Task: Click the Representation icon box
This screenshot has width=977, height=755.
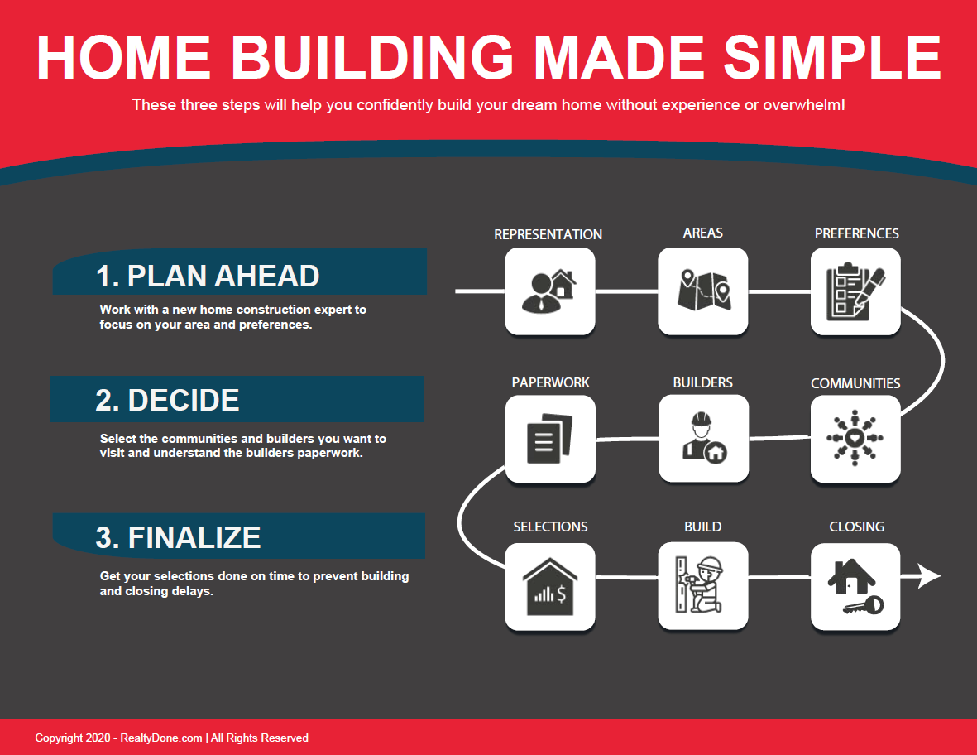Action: click(x=549, y=291)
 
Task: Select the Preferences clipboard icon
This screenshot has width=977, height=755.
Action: click(x=855, y=291)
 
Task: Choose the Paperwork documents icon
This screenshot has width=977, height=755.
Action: click(x=549, y=438)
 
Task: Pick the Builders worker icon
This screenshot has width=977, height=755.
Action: click(x=704, y=437)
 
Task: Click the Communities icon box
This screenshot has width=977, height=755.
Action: click(x=855, y=439)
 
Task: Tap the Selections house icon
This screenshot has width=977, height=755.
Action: click(x=549, y=586)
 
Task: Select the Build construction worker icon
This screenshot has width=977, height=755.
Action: click(x=699, y=584)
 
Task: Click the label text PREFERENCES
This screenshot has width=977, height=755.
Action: click(x=857, y=233)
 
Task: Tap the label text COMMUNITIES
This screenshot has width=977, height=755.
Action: click(x=855, y=383)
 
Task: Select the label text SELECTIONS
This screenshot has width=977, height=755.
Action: click(x=550, y=527)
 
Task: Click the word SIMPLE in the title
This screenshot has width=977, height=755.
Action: click(x=832, y=57)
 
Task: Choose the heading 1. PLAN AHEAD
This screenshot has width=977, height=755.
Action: click(x=208, y=277)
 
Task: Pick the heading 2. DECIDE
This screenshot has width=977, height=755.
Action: click(x=167, y=400)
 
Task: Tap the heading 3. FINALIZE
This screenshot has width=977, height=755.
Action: click(x=178, y=537)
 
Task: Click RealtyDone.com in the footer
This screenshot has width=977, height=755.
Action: click(x=160, y=738)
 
